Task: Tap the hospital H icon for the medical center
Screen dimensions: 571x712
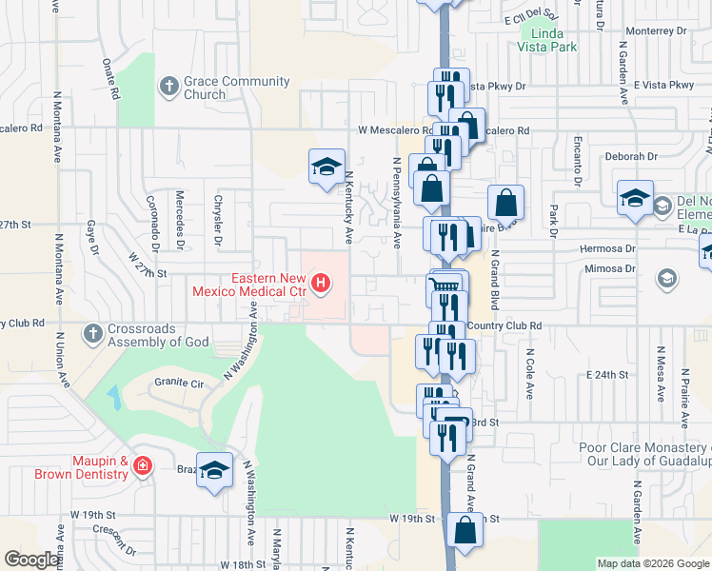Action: [322, 283]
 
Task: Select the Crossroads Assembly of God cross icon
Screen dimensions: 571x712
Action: [92, 334]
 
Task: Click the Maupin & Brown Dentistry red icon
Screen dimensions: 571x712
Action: [142, 466]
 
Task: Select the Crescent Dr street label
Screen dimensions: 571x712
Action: [121, 542]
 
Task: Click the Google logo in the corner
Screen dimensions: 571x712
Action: [32, 560]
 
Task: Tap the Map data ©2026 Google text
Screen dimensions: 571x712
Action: [652, 563]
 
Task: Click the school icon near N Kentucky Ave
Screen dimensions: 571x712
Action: [326, 167]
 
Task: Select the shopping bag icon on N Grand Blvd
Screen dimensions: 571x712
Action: [505, 203]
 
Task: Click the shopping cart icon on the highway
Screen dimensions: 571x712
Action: [447, 285]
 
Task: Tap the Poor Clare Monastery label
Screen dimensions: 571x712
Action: [645, 454]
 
